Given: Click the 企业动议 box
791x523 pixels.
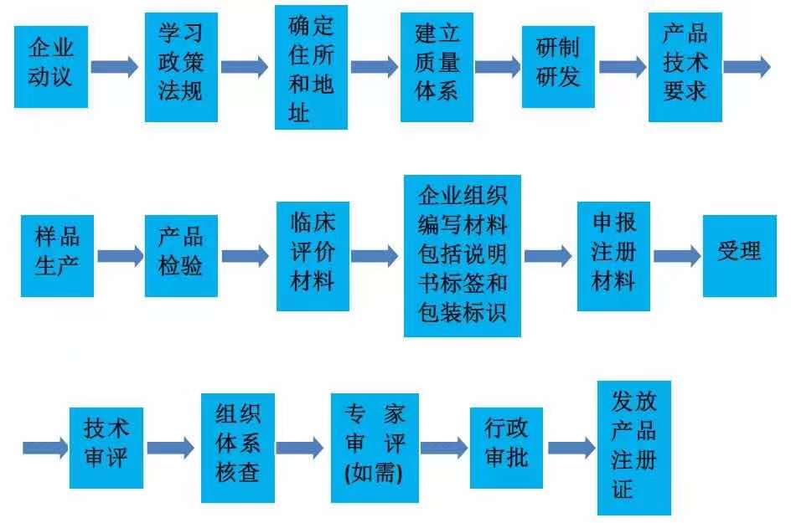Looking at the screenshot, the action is pos(51,66).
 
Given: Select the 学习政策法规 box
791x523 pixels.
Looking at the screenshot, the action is pos(181,67).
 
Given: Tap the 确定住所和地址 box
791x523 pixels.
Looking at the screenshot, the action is pos(311,67).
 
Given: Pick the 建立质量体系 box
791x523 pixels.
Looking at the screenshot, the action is pos(437,67).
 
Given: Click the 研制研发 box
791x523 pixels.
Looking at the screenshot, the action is pos(558,66).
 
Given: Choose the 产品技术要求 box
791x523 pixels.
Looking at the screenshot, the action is pos(685,67).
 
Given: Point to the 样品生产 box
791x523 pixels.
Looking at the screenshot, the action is pos(57,256).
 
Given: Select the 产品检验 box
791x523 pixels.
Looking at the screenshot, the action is pos(181,256).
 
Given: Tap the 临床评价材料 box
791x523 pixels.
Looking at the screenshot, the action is pos(313,256).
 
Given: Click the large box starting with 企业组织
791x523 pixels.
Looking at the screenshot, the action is pos(463,256).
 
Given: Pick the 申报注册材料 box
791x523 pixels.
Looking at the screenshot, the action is pos(613,256).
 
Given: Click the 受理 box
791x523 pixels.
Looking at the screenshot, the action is pos(740,256).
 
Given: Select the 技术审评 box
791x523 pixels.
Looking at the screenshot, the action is pos(106,448).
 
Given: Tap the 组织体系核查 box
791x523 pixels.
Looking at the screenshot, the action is pos(238,448).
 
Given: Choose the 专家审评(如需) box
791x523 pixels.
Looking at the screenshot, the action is pos(375,448).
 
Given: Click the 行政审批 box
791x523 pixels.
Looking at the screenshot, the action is pos(506,448).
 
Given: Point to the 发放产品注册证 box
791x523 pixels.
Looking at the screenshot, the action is pos(634,448).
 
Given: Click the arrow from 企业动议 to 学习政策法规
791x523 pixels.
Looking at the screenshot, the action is pos(115,66).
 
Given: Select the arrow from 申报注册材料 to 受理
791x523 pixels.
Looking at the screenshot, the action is pos(677,256).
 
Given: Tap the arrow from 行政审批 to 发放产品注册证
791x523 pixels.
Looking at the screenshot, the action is pos(571,448).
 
